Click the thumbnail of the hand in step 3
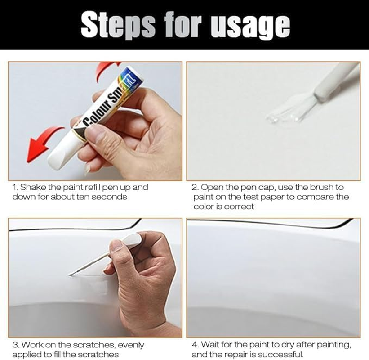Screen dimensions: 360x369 [x=116, y=245]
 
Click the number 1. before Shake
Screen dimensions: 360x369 [x=15, y=187]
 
